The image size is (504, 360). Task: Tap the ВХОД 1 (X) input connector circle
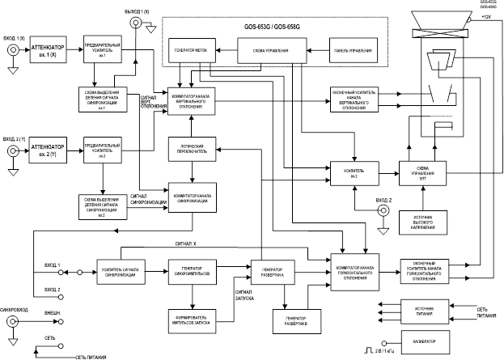tap(13, 51)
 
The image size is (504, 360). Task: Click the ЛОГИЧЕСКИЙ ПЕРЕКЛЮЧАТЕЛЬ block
tap(191, 146)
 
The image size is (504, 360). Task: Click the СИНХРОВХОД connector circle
tap(13, 321)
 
